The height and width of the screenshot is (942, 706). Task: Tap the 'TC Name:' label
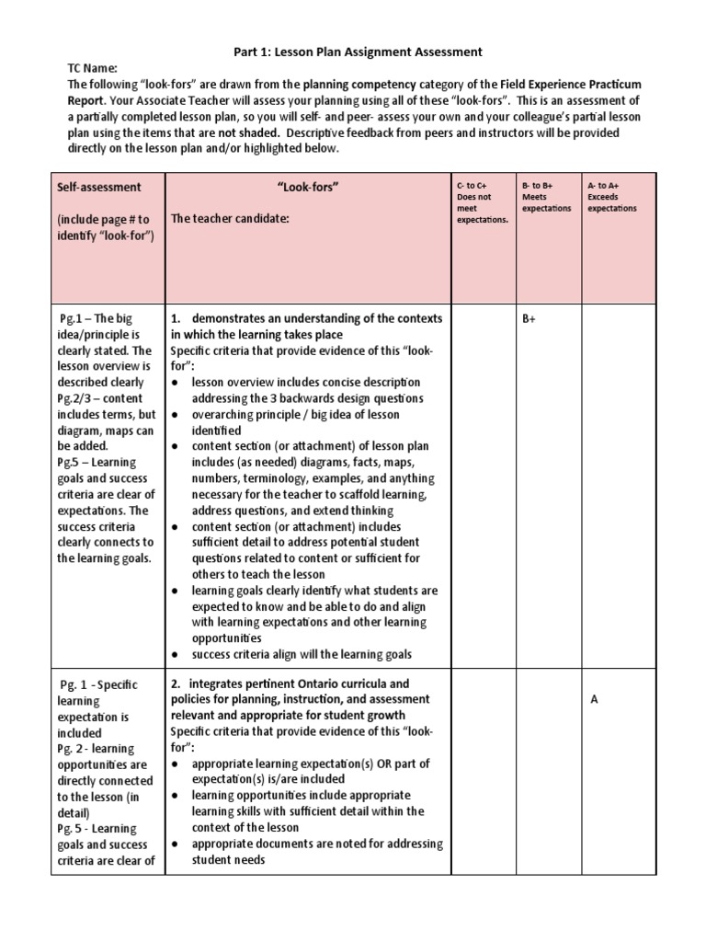pos(94,68)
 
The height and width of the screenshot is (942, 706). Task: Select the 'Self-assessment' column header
pos(98,187)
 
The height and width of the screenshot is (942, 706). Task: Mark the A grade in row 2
pos(595,699)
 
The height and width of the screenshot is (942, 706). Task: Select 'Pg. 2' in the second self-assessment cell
pos(72,749)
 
